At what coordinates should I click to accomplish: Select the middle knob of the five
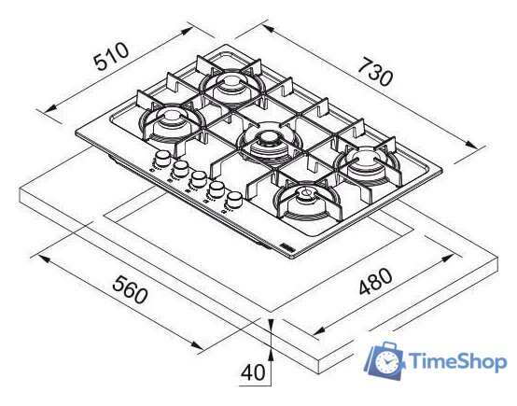tap(197, 177)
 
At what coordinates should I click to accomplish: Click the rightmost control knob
tap(233, 200)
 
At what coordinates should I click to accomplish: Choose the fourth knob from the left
tap(217, 189)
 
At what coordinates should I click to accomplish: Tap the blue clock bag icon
tap(384, 361)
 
